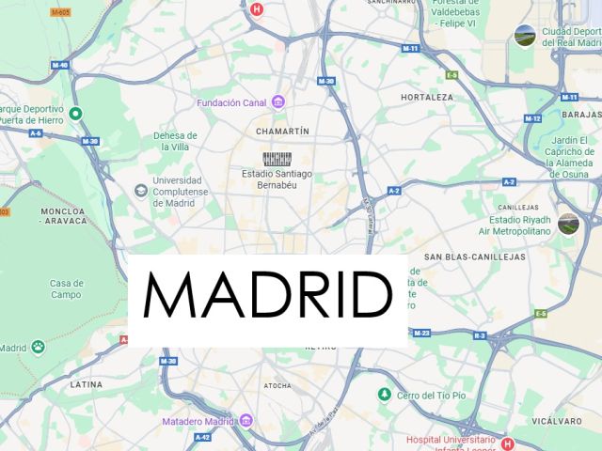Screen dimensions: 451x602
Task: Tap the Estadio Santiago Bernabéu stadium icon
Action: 277,159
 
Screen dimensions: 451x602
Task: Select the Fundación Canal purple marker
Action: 277,101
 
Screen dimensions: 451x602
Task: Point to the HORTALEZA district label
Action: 426,97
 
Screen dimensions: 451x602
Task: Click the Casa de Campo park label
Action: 67,288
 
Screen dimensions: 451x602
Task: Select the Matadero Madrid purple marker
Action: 246,420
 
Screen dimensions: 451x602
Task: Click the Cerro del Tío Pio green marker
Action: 384,395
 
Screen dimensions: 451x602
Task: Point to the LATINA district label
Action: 86,384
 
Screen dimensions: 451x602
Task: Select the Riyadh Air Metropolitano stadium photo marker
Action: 568,224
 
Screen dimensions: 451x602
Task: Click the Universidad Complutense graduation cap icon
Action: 140,191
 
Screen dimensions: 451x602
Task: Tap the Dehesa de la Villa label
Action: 176,141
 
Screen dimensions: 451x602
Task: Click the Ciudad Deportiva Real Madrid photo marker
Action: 525,36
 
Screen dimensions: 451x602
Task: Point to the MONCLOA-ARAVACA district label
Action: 63,215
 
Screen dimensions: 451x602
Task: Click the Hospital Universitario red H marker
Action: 508,443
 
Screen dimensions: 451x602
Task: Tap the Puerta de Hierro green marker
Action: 76,114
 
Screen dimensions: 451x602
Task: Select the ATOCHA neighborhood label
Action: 277,385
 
